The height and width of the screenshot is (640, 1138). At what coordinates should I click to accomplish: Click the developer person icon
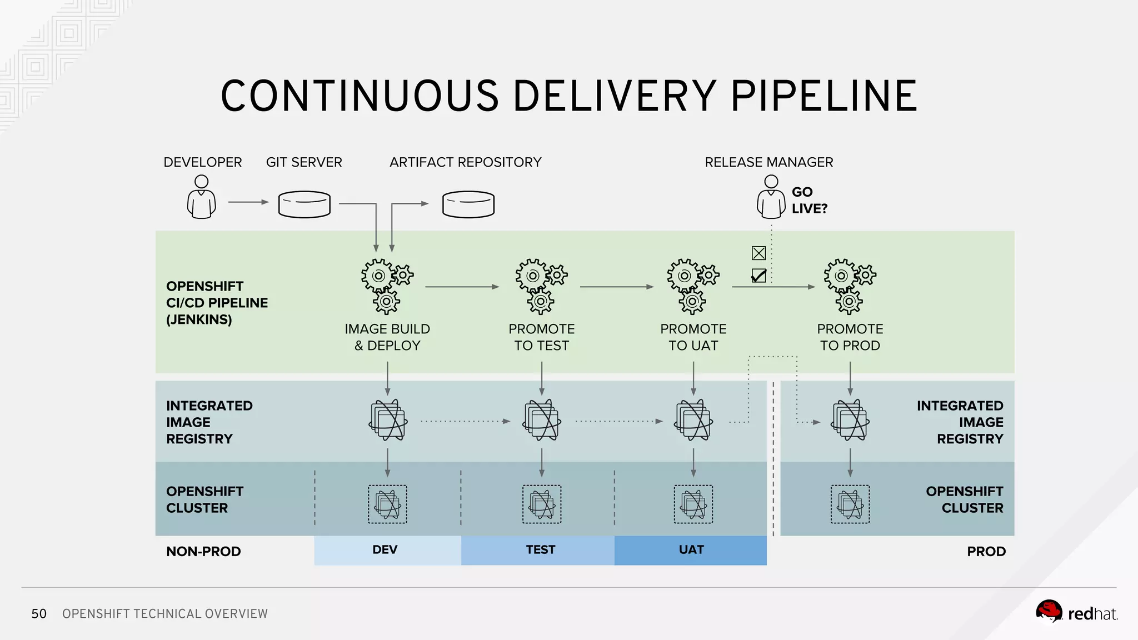click(201, 198)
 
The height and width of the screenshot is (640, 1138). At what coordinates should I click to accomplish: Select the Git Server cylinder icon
click(304, 204)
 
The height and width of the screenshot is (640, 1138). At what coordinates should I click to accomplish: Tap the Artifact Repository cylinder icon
click(468, 204)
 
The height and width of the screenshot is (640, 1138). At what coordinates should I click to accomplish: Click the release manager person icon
click(771, 198)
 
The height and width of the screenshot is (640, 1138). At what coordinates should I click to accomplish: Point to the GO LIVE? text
click(808, 200)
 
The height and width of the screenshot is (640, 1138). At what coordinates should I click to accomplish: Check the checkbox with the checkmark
click(758, 276)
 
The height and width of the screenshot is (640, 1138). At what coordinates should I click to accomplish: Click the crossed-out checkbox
click(758, 253)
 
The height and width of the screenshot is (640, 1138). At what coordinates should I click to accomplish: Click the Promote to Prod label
click(850, 337)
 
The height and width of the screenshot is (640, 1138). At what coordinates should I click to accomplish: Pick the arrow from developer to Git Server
click(248, 202)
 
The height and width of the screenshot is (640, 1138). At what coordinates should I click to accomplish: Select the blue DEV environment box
click(387, 550)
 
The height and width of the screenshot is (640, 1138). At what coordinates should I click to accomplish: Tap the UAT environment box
click(691, 550)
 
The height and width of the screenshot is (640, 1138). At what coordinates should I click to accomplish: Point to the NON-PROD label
click(203, 552)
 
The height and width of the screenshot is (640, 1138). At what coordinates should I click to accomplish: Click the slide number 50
click(39, 614)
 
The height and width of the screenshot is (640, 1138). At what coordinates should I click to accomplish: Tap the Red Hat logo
click(1076, 613)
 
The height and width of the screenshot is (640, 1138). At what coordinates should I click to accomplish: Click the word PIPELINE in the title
click(823, 96)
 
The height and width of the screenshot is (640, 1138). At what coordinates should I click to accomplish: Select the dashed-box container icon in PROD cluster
click(850, 504)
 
